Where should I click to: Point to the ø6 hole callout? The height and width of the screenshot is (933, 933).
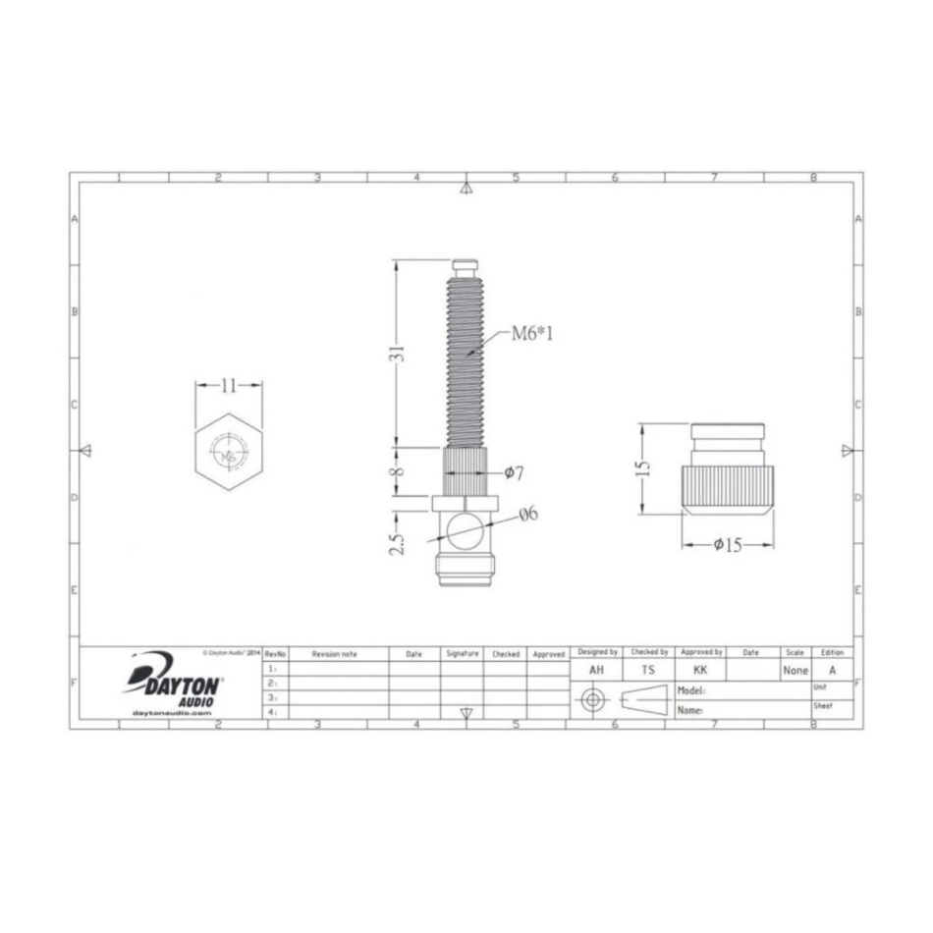coord(526,513)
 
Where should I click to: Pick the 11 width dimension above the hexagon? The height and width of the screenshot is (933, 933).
coord(228,386)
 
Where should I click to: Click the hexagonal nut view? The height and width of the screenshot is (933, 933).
coord(228,453)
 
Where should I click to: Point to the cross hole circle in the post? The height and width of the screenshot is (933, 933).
coord(461,531)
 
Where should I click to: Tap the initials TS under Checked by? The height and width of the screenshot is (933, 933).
coord(648,670)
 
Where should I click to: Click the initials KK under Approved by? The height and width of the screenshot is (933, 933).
coord(700,670)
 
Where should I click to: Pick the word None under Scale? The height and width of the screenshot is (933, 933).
coord(796,671)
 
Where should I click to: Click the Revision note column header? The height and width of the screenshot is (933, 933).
coord(334,653)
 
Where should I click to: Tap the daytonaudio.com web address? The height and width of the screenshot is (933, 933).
coord(171,713)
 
